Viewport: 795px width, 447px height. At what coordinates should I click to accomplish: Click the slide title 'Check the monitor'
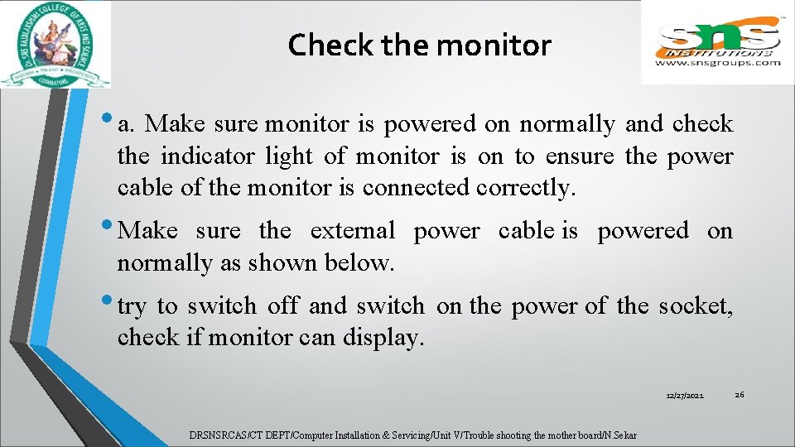click(x=419, y=45)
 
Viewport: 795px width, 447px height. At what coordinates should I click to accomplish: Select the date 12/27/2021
click(x=685, y=397)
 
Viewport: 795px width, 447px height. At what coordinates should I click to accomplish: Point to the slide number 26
click(x=740, y=394)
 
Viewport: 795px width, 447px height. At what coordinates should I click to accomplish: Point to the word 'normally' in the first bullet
click(x=566, y=125)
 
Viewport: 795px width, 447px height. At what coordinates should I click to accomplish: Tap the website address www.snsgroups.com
click(x=717, y=62)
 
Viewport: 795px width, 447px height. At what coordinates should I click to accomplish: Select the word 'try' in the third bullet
click(x=131, y=307)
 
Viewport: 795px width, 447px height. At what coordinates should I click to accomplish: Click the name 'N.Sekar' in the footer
click(x=620, y=435)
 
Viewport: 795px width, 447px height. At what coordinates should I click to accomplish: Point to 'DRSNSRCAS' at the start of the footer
click(x=212, y=435)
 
